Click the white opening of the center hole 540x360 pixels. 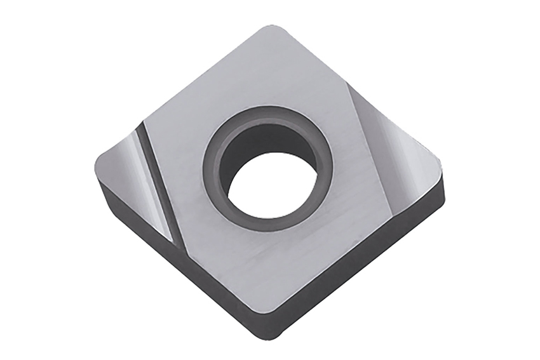coord(272,182)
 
